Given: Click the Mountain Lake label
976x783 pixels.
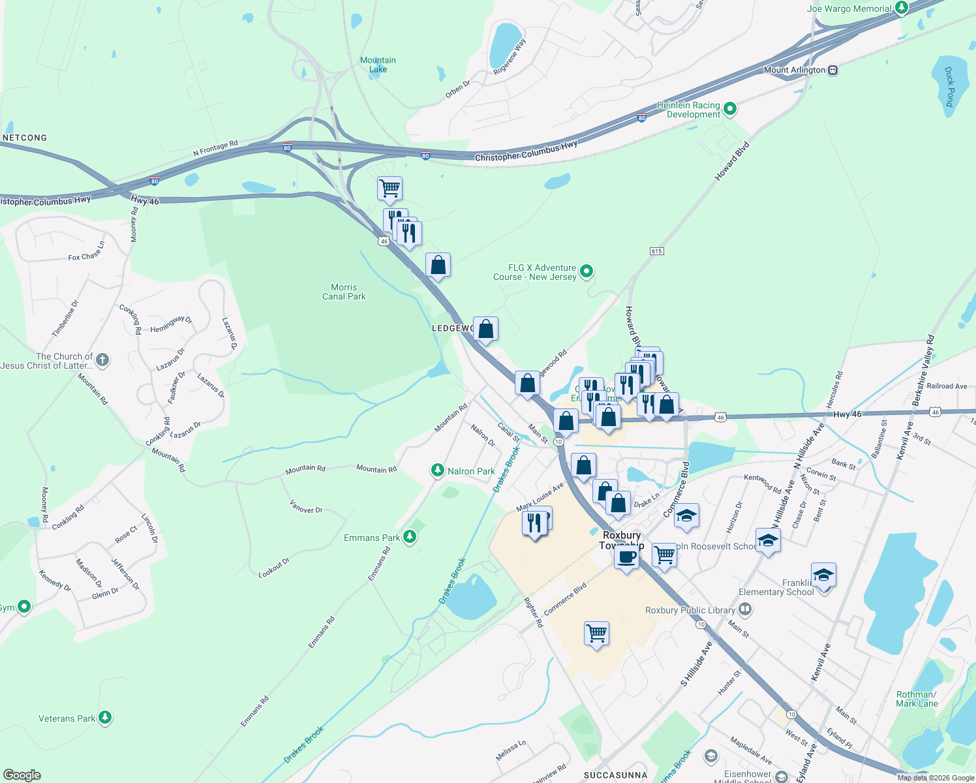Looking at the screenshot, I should tap(378, 65).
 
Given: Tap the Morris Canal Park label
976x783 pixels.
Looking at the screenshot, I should tap(344, 292).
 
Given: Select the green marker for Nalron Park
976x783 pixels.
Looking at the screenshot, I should tap(438, 470).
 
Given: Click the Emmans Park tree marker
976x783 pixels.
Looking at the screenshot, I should tap(410, 537).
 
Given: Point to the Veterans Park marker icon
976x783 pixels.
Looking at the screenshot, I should tap(105, 718).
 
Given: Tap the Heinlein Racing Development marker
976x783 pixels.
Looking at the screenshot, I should tap(730, 109).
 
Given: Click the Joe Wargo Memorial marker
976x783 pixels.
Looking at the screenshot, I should tap(902, 8).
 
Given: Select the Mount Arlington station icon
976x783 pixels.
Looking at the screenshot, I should tap(832, 70).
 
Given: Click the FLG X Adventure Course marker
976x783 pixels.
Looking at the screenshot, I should tap(587, 271).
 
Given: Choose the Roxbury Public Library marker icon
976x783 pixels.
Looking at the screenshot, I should tap(746, 609).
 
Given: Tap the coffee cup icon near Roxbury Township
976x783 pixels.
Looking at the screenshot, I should tap(626, 558).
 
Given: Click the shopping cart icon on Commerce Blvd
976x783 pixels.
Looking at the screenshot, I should tap(596, 632).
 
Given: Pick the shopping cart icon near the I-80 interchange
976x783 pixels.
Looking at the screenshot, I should tap(389, 188).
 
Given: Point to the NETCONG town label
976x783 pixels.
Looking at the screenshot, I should tap(25, 138).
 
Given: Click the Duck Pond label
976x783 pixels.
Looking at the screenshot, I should tap(950, 87).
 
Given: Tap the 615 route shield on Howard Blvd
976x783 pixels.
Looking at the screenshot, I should tap(657, 251).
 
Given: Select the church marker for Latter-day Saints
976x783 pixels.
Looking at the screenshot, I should tap(102, 360).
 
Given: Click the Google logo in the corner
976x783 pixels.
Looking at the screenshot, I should tap(22, 775).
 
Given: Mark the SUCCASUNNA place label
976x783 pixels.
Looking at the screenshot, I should tap(615, 775).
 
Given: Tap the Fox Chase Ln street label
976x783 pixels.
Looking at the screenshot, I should tap(86, 253).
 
